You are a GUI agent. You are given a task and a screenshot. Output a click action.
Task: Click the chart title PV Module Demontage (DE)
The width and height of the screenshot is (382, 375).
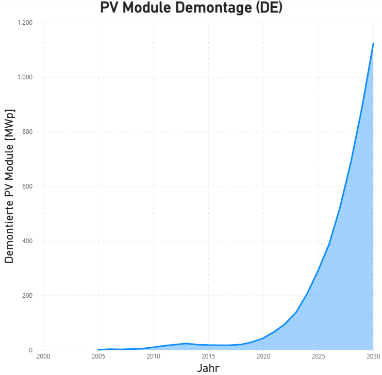pyautogui.click(x=191, y=8)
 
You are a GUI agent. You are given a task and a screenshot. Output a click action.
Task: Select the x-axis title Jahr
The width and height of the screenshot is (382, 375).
pyautogui.click(x=208, y=368)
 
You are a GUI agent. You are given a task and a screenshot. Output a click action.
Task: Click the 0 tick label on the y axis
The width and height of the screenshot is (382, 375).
pyautogui.click(x=31, y=350)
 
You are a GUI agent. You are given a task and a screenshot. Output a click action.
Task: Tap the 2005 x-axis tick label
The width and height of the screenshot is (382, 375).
pyautogui.click(x=98, y=356)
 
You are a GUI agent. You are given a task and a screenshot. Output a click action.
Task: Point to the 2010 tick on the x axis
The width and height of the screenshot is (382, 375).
pyautogui.click(x=153, y=356)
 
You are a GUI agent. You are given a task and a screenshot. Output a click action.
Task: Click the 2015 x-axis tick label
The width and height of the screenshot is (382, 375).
pyautogui.click(x=208, y=356)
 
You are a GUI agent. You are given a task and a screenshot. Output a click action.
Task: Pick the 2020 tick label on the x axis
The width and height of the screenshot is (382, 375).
pyautogui.click(x=263, y=356)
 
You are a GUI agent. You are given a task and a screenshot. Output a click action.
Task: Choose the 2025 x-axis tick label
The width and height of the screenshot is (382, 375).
pyautogui.click(x=319, y=356)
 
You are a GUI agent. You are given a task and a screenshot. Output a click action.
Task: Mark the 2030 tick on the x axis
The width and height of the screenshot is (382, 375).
pyautogui.click(x=373, y=356)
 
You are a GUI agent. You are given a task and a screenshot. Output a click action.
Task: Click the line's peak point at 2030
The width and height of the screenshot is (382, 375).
pyautogui.click(x=373, y=44)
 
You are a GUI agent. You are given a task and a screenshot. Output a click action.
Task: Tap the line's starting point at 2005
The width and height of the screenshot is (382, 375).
pyautogui.click(x=98, y=350)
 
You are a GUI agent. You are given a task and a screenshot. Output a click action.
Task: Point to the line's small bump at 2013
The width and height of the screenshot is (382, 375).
pyautogui.click(x=186, y=343)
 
